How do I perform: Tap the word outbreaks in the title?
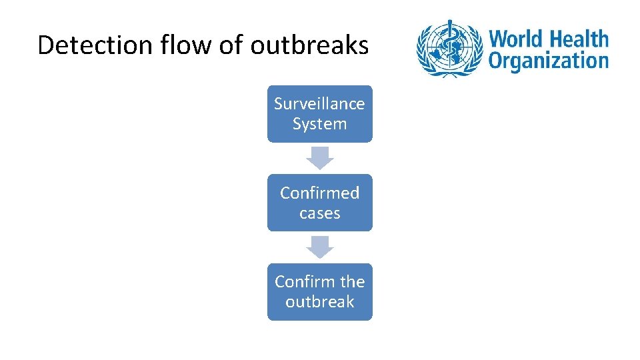point(309,45)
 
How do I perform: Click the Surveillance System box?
point(320,113)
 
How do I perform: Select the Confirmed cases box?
point(320,203)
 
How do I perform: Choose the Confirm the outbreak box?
point(320,291)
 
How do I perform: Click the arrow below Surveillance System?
point(320,157)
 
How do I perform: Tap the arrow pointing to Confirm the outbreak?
point(320,247)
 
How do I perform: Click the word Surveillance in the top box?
point(320,104)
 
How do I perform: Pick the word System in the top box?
point(320,124)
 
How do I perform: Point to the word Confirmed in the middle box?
point(320,193)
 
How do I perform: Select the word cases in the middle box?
point(320,213)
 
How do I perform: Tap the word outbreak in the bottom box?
point(320,302)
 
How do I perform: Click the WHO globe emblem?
point(449,48)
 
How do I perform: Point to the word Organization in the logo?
point(548,61)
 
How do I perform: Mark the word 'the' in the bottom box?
point(353,281)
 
